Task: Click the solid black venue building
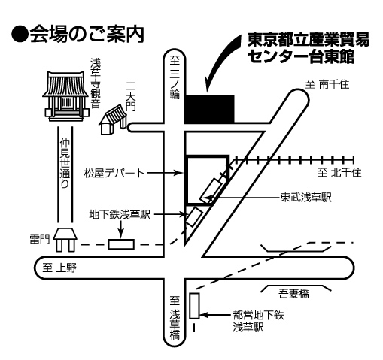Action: (209, 109)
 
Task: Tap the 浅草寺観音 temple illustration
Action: (65, 96)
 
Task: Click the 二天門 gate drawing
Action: (114, 119)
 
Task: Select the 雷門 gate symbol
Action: (65, 240)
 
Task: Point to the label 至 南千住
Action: (327, 84)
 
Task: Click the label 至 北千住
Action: (339, 172)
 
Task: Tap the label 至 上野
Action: (59, 268)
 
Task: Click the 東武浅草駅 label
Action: (305, 197)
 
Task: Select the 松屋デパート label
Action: (114, 173)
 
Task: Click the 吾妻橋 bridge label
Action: (294, 293)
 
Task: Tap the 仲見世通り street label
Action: (65, 163)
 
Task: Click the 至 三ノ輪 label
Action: (175, 77)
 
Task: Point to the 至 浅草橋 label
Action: (175, 318)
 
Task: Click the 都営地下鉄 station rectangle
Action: (194, 306)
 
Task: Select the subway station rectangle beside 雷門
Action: (121, 244)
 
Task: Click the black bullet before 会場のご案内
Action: (20, 35)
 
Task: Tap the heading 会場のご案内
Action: (87, 34)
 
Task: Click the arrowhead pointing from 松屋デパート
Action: (180, 173)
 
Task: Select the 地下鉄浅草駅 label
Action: (120, 214)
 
